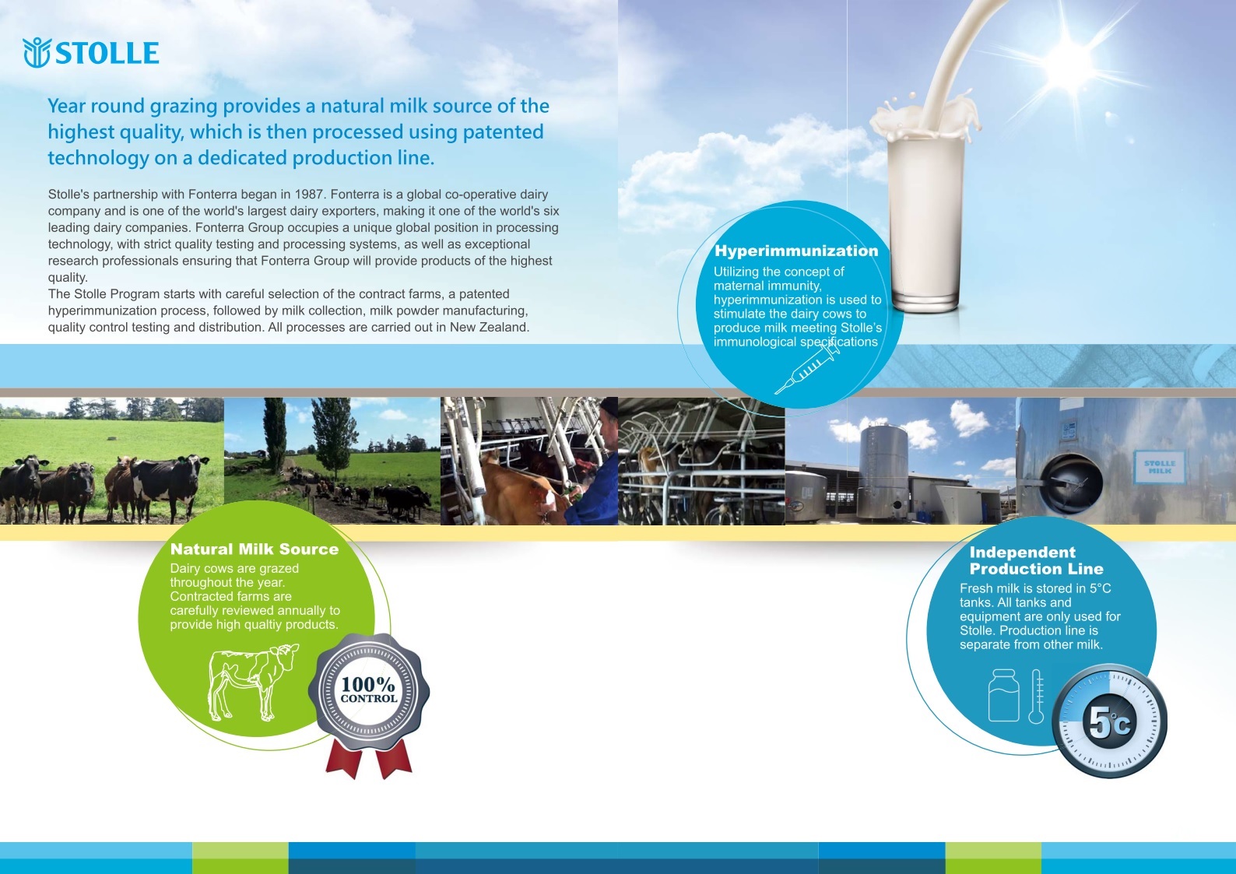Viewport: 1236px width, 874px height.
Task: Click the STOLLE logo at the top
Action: tap(91, 53)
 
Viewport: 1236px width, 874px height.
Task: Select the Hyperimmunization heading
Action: tap(796, 251)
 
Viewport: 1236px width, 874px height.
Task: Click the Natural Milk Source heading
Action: tap(255, 549)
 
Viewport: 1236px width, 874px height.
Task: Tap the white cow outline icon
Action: tap(254, 682)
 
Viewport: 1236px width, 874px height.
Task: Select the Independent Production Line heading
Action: tap(1036, 560)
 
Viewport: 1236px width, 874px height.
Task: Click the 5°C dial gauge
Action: tap(1110, 721)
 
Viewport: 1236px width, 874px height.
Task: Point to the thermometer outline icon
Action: tap(1036, 697)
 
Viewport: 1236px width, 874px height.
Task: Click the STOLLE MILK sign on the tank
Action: tap(1159, 467)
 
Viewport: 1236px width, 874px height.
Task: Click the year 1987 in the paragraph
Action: tap(309, 195)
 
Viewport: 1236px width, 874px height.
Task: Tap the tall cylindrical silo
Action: tap(883, 471)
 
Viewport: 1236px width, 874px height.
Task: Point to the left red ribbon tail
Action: tap(343, 759)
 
